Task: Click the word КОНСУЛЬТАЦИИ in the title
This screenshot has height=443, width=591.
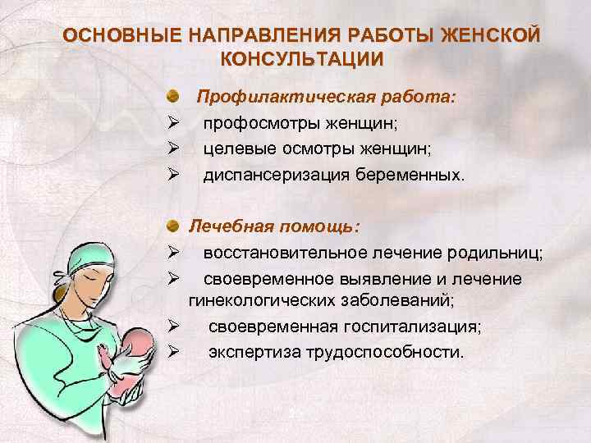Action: pyautogui.click(x=301, y=58)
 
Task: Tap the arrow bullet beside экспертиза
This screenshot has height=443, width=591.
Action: pyautogui.click(x=172, y=352)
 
